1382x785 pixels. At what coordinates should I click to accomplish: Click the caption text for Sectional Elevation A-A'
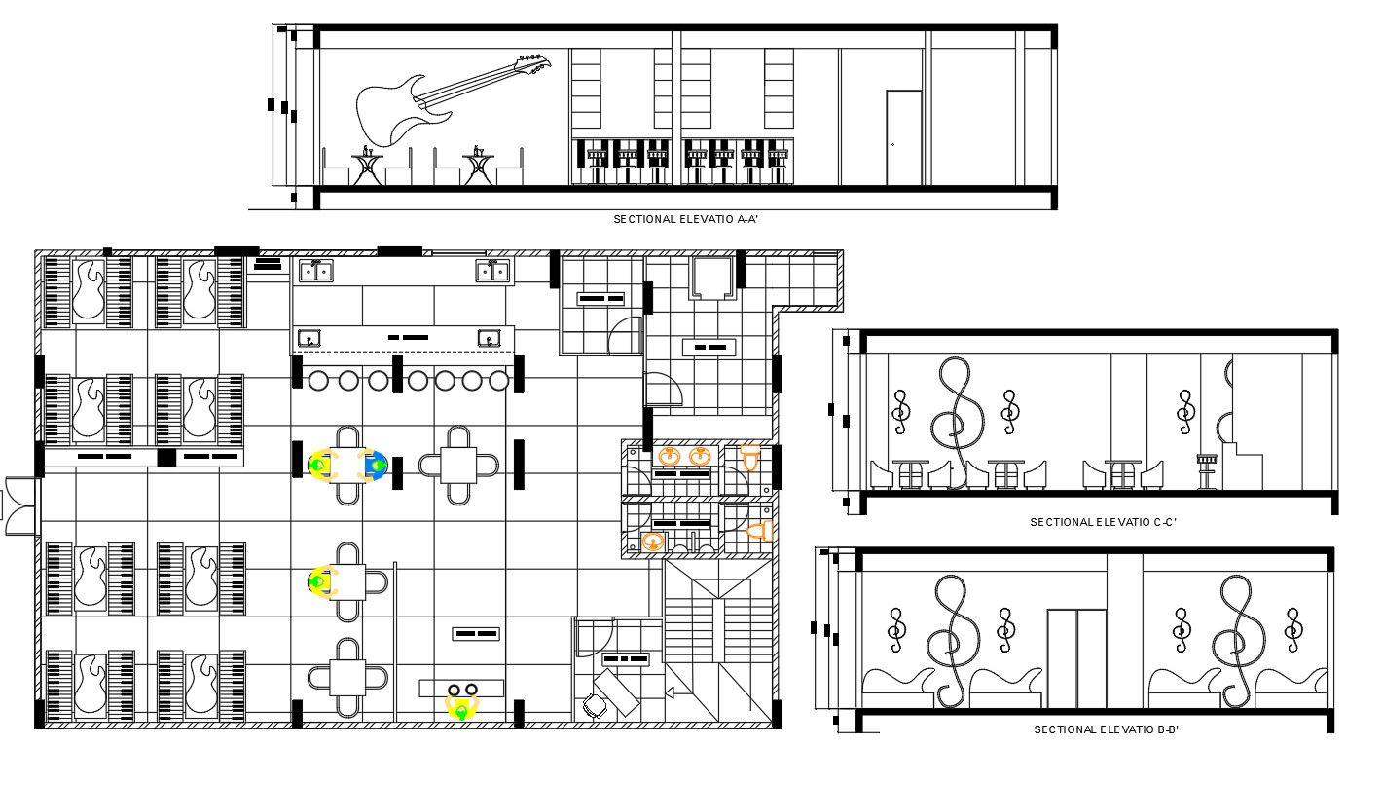coord(685,219)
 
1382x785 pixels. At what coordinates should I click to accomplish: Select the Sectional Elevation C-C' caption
coord(1103,522)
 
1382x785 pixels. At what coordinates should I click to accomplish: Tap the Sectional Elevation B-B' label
coord(1106,729)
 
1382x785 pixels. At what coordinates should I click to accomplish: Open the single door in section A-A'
coord(903,137)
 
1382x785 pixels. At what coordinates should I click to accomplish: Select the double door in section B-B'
coord(1076,658)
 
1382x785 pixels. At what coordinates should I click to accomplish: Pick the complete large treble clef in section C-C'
coord(957,419)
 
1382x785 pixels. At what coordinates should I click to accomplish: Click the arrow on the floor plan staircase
coord(671,692)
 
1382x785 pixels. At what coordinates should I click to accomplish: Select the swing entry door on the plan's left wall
coord(19,505)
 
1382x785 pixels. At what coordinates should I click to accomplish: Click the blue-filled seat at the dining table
coord(375,466)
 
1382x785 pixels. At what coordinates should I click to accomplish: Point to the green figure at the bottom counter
coord(461,709)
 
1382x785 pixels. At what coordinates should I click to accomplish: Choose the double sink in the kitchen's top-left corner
coord(314,270)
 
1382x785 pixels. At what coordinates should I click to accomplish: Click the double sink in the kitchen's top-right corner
coord(493,270)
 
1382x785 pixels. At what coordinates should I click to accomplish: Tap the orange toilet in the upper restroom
coord(750,458)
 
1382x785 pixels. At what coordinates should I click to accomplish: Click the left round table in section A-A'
coord(367,166)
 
